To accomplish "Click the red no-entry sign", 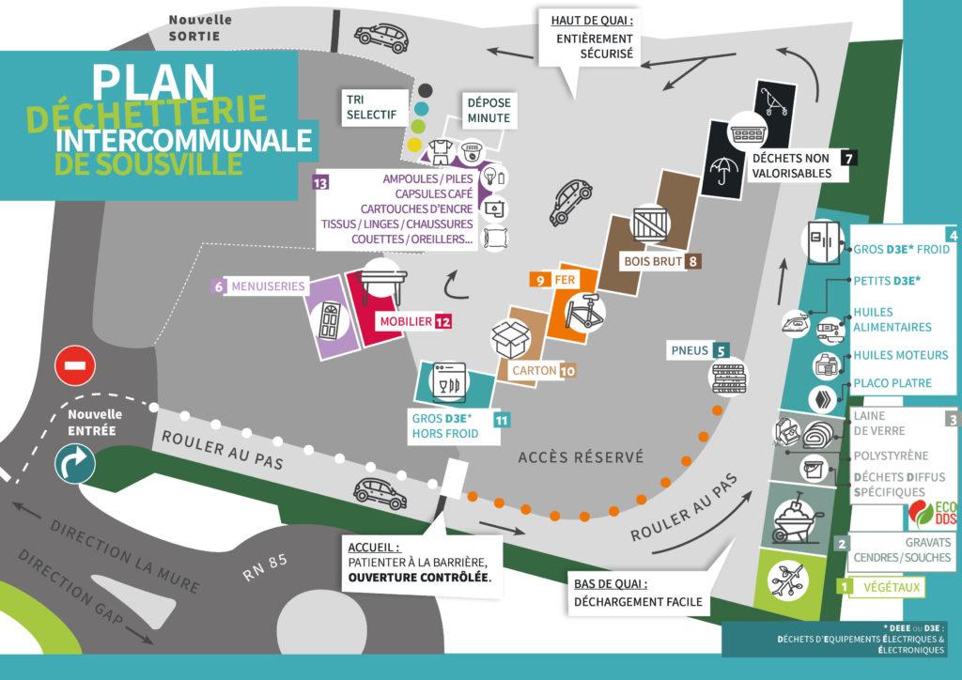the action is tap(75, 366).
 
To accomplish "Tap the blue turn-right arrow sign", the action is tap(75, 464).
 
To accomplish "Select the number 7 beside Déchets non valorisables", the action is tap(848, 158).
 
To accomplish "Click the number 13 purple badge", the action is tap(320, 183).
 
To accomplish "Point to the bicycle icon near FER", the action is tap(585, 312).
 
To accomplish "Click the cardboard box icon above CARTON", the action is tap(511, 338).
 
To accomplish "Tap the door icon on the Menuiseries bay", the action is tap(330, 320).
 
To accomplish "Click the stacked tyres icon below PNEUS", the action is tap(728, 378).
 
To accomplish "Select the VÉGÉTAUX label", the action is tap(892, 587).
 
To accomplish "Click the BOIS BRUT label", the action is tap(654, 262).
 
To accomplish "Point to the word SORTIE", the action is tap(194, 37).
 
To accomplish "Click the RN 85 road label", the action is tap(264, 568).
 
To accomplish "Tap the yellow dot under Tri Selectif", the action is tap(414, 145).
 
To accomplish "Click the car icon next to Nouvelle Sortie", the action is tap(381, 38).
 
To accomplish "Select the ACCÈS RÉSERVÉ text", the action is tap(581, 456).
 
